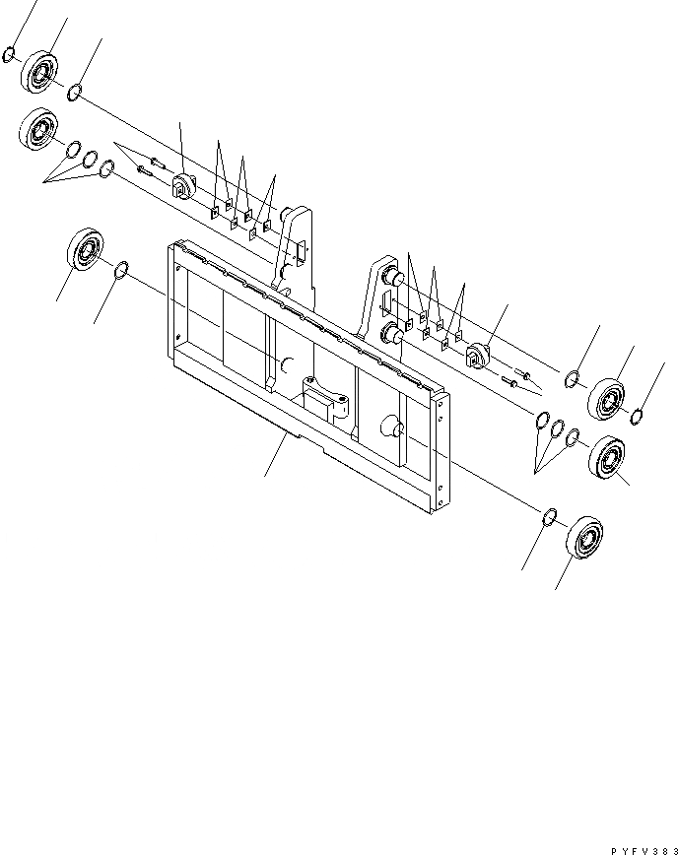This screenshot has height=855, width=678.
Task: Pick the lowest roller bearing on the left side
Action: point(86,250)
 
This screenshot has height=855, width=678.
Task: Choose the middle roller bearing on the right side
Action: point(608,457)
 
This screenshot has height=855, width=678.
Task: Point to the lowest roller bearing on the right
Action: point(587,537)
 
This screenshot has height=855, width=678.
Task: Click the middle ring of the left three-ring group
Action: point(90,160)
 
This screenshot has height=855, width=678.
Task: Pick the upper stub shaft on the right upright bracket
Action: point(391,279)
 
